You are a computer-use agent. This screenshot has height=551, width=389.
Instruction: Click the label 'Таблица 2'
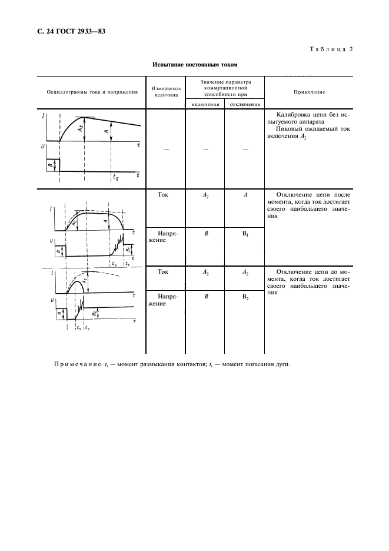coord(330,49)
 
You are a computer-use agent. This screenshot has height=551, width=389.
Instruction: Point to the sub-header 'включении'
coord(205,104)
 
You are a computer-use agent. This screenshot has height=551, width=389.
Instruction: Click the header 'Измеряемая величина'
coord(166,92)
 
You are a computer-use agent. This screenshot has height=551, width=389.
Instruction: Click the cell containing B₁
coord(244,234)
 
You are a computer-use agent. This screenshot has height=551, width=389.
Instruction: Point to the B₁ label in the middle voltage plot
coord(128,250)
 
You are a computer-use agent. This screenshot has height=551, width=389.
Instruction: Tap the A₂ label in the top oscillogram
coord(82,128)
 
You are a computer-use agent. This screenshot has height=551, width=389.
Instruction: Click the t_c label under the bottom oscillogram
coord(87,328)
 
